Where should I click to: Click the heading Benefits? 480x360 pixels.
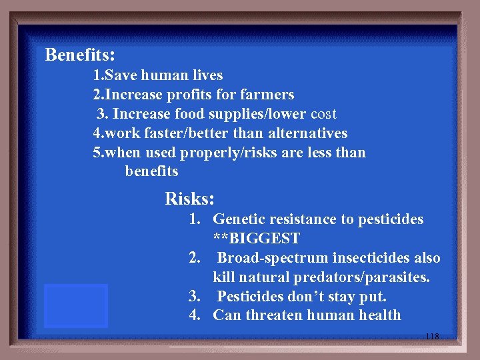tap(80, 54)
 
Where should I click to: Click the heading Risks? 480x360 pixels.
tap(189, 199)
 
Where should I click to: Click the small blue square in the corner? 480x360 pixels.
tap(76, 305)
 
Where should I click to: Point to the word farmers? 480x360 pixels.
tap(267, 95)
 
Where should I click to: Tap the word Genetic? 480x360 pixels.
tap(239, 219)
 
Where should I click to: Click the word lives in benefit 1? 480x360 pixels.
tap(205, 75)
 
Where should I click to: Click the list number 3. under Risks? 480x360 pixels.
tap(195, 296)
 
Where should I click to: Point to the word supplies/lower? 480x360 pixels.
tap(259, 114)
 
